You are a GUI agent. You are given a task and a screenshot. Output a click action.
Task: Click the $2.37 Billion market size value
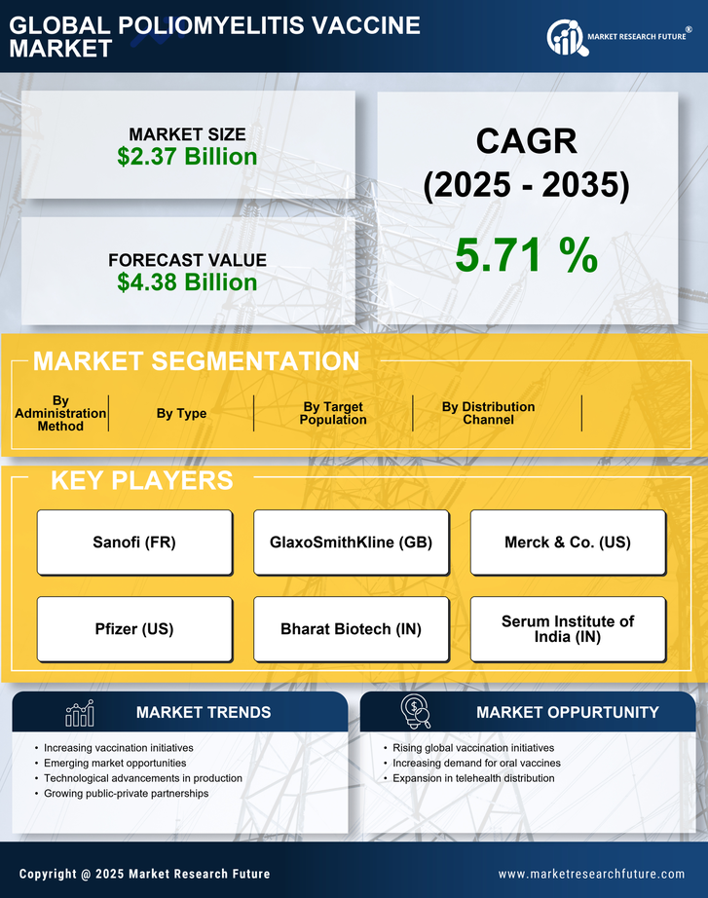187,157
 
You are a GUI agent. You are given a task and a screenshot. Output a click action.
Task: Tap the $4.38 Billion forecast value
187,282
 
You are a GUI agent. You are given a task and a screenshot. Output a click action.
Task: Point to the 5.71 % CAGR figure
526,255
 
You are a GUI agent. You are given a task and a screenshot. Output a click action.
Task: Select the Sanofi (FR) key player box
134,543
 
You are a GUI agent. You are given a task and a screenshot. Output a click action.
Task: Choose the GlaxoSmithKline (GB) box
351,543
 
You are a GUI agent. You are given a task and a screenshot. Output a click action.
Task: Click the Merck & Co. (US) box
568,543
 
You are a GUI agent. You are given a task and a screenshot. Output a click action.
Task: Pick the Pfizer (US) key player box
134,629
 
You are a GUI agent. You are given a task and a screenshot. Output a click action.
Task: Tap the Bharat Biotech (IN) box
351,629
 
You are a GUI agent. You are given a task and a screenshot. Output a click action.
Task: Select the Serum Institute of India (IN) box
568,629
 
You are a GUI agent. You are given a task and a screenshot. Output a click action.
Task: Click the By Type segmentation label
181,413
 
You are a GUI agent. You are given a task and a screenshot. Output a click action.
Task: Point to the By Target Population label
333,413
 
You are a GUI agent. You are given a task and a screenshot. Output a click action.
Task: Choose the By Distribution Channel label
488,413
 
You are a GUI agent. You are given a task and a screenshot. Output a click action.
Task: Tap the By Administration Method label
60,413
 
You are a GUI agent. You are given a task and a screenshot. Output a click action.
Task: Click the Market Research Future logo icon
566,37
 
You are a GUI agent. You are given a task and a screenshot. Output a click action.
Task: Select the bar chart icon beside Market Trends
79,713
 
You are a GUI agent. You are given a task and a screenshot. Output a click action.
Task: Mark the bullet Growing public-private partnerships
127,794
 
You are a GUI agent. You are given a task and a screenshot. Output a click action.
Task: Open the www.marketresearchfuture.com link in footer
591,874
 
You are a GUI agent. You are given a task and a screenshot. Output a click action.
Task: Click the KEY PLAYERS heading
141,480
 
